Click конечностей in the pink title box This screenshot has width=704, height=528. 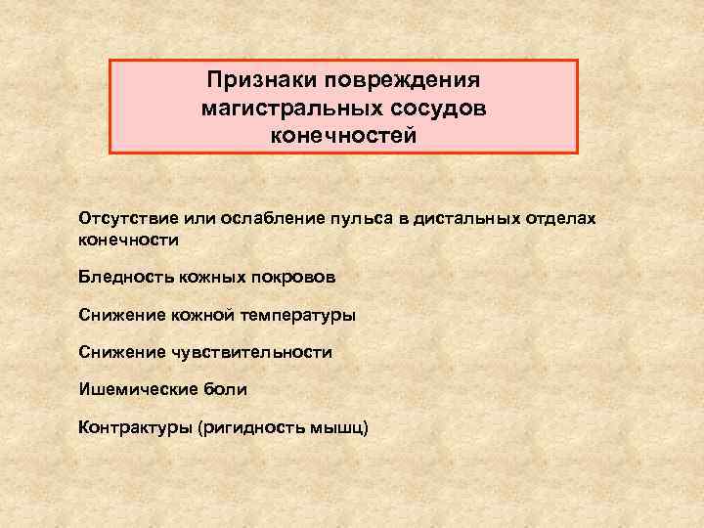[x=343, y=136]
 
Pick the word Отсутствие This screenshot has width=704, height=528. [x=124, y=217]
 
